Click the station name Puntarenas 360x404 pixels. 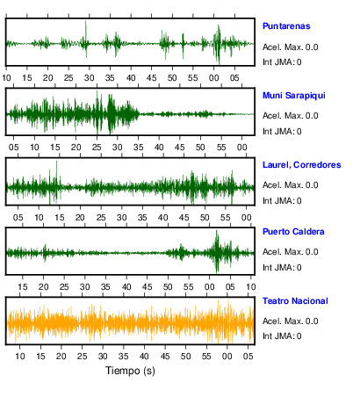[286, 26]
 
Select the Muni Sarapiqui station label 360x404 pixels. [294, 96]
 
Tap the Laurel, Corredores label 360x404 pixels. [302, 165]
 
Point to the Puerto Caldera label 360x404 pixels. [293, 232]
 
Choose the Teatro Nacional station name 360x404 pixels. [295, 301]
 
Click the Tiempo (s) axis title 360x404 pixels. [130, 371]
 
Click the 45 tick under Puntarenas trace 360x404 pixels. [152, 78]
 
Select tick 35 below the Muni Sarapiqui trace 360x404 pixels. [138, 148]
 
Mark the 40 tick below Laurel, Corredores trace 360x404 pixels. [163, 218]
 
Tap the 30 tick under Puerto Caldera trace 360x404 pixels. [85, 287]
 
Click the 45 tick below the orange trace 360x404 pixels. [165, 357]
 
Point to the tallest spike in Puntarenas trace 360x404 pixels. [86, 38]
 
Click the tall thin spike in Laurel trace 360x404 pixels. [56, 181]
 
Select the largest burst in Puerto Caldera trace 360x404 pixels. [217, 252]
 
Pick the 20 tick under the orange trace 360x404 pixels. [61, 357]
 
